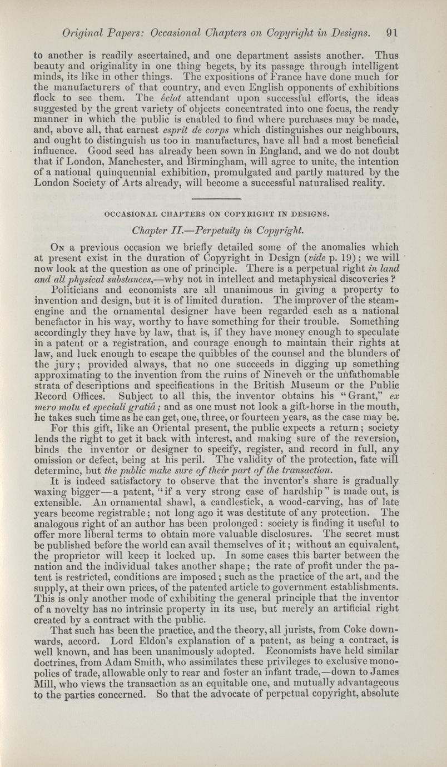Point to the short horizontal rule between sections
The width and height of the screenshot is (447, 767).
point(216,198)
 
